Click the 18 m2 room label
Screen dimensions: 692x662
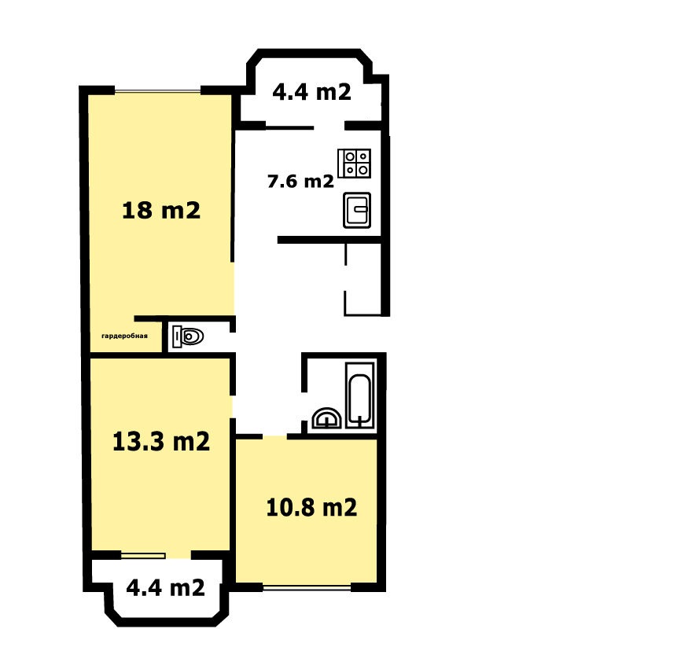[x=161, y=210]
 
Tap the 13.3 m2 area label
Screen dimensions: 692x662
[x=161, y=441]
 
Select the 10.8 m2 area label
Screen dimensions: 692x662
[x=311, y=507]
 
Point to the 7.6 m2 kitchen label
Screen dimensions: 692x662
[x=300, y=181]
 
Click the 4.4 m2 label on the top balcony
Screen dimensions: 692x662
[x=311, y=92]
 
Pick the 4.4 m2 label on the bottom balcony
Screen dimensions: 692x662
[x=165, y=587]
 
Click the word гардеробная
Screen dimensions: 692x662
[x=124, y=336]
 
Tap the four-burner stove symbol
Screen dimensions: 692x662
[x=355, y=164]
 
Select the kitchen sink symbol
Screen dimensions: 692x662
[x=357, y=210]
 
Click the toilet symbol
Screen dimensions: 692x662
[x=188, y=337]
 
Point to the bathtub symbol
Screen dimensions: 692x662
[x=360, y=395]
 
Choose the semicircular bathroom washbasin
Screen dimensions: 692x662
[x=326, y=418]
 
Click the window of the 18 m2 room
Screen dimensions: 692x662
[x=157, y=92]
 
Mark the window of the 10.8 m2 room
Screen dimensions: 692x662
[x=307, y=587]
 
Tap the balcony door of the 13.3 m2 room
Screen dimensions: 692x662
[x=143, y=556]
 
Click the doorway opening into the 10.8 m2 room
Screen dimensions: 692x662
[x=275, y=436]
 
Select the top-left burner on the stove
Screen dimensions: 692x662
[x=350, y=156]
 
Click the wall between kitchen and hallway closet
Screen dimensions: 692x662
[x=329, y=240]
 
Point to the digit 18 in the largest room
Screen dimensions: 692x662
[x=137, y=210]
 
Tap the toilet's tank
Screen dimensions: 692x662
[x=176, y=337]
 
